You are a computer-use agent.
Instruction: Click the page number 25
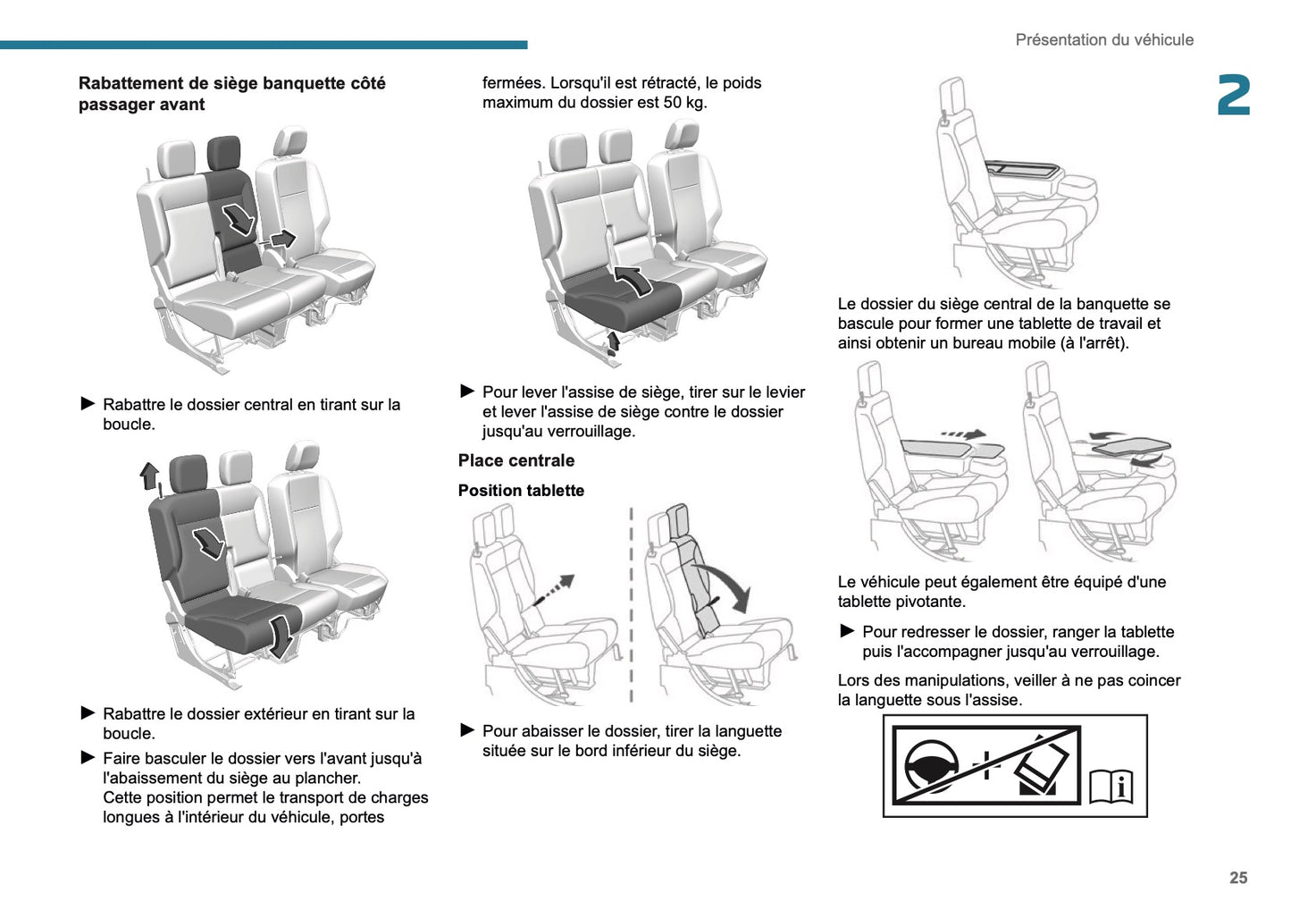[1237, 878]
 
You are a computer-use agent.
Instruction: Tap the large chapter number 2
[1234, 96]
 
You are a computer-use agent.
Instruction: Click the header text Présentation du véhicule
[1103, 40]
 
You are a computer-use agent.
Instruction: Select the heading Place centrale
[516, 461]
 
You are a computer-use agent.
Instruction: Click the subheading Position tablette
[521, 491]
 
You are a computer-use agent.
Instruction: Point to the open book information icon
[1111, 785]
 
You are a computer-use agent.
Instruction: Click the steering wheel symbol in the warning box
[932, 767]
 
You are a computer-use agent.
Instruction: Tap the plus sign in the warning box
[985, 765]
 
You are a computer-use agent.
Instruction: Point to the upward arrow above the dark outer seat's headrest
[149, 475]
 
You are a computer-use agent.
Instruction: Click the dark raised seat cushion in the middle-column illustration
[621, 297]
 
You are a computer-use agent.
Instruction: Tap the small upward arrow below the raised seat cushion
[614, 341]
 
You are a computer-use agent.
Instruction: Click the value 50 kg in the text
[685, 103]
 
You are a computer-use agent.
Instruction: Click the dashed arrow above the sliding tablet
[965, 434]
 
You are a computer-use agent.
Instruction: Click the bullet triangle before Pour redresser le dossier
[847, 631]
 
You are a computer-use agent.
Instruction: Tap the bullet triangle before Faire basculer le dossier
[88, 758]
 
